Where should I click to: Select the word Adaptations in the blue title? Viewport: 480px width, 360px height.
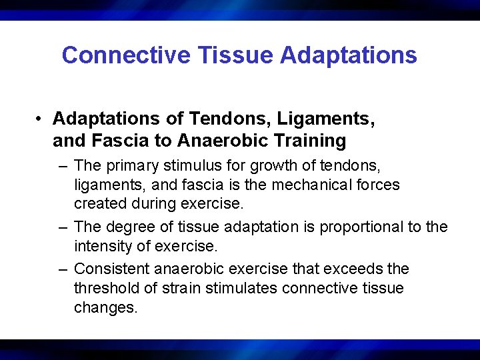(x=349, y=55)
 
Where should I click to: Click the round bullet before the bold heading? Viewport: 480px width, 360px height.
(x=41, y=119)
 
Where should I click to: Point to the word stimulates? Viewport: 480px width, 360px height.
(x=244, y=288)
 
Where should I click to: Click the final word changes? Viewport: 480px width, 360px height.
(x=105, y=308)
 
